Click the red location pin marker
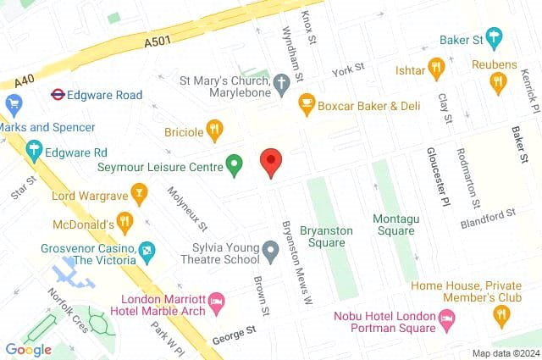click(x=271, y=161)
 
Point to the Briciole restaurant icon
click(x=215, y=131)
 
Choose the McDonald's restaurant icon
click(x=125, y=224)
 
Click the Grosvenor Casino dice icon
click(x=148, y=251)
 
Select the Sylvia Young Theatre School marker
click(x=270, y=251)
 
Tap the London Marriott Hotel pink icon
click(x=216, y=301)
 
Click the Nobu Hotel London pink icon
click(x=446, y=318)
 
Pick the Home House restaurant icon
click(x=501, y=317)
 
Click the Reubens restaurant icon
click(x=498, y=81)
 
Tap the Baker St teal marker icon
click(x=494, y=39)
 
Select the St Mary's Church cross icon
click(x=283, y=82)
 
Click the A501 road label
click(x=158, y=40)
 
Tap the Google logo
click(x=28, y=349)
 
